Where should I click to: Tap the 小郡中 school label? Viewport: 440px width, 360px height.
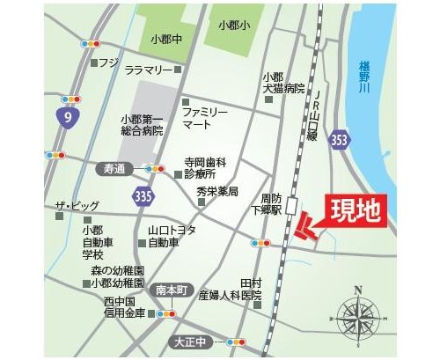[x=165, y=39]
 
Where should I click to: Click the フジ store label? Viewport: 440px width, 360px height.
[x=108, y=62]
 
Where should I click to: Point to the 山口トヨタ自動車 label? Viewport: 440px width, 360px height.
[x=171, y=235]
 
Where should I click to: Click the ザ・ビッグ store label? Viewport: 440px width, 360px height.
[x=76, y=206]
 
